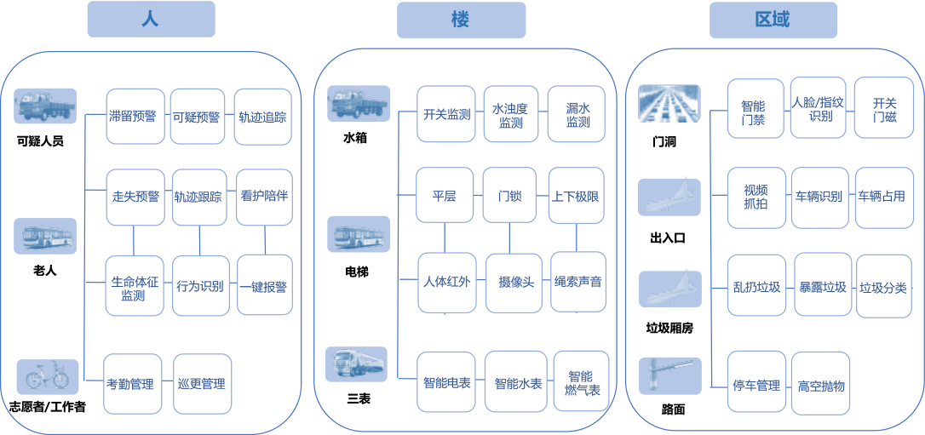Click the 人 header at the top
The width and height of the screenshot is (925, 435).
click(151, 20)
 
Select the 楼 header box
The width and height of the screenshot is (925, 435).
click(460, 20)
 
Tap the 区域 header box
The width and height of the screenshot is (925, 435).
click(773, 20)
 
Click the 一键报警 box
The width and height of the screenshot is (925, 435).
click(264, 286)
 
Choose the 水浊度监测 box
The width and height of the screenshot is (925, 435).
click(511, 115)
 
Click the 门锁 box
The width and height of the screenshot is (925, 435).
click(510, 196)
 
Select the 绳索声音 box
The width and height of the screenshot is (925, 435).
click(578, 281)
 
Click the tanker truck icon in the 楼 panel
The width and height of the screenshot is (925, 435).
click(358, 364)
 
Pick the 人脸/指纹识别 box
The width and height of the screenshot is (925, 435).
click(819, 108)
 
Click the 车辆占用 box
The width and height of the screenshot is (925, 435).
click(882, 197)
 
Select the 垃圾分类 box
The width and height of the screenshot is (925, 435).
click(883, 287)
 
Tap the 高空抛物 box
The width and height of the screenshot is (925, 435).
click(821, 385)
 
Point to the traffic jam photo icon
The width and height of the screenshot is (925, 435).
click(669, 104)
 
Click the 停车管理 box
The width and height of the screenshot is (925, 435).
click(756, 385)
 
